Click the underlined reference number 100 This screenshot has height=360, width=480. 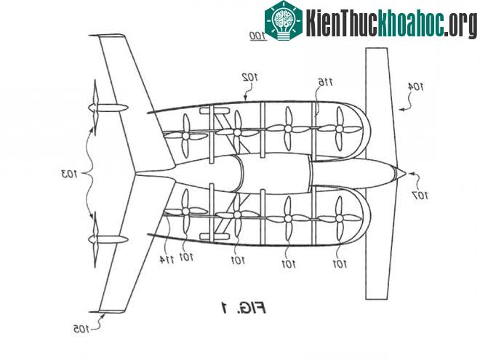point(258,36)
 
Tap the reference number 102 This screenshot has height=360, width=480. point(250,77)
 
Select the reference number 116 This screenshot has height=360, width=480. point(326,82)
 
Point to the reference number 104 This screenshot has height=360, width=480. point(416,87)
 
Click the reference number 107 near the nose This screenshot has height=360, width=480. point(420,195)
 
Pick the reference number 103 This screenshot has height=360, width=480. point(69,175)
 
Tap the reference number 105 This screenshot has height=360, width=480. point(81,329)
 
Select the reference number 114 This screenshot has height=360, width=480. point(167,260)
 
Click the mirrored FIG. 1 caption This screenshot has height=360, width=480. point(244,308)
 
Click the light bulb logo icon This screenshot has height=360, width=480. point(284,20)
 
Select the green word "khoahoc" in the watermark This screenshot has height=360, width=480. point(411,22)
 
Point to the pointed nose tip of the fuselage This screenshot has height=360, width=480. point(406,174)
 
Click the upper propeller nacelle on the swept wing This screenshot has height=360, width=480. point(108,108)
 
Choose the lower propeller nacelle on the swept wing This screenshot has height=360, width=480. point(108,239)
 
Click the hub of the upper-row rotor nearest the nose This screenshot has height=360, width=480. point(339,129)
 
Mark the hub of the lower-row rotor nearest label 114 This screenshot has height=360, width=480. point(185,211)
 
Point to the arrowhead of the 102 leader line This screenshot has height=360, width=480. point(245,98)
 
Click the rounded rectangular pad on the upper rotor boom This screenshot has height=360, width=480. point(215,111)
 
